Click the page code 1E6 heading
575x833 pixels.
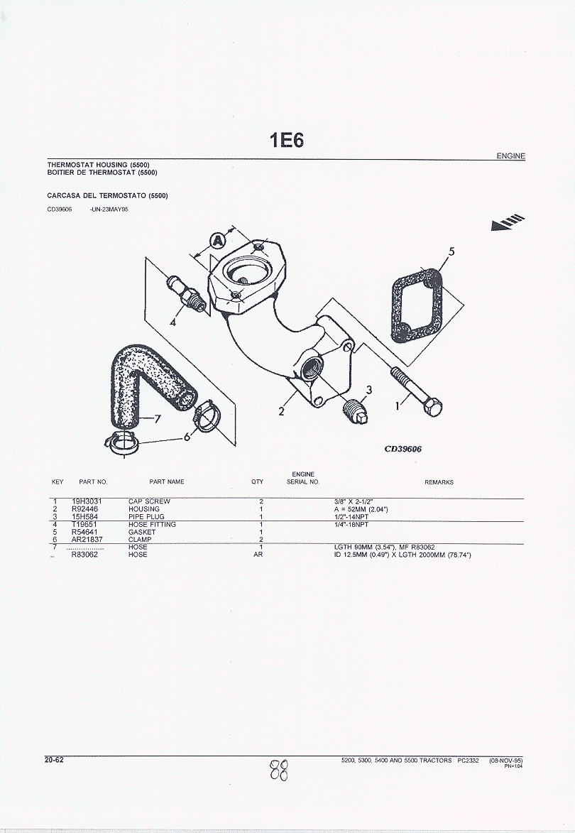click(x=287, y=140)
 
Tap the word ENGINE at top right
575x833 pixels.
click(x=511, y=156)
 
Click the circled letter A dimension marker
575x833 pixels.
click(x=218, y=241)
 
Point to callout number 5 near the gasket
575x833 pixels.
click(x=451, y=251)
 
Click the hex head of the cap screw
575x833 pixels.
click(x=434, y=407)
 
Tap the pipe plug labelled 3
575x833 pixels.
click(x=354, y=410)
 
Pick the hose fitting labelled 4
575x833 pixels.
click(x=187, y=294)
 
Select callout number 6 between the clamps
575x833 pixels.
click(x=187, y=437)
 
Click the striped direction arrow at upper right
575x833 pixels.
click(x=508, y=222)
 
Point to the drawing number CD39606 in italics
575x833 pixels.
click(x=403, y=449)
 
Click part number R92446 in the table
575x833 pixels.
click(x=85, y=509)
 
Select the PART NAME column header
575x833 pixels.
click(x=167, y=482)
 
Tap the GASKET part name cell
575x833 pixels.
click(x=142, y=532)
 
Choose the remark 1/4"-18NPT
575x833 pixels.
click(x=351, y=524)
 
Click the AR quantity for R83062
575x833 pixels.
click(x=258, y=555)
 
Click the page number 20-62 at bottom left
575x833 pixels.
click(x=54, y=761)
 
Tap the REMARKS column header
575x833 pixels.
click(x=439, y=482)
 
